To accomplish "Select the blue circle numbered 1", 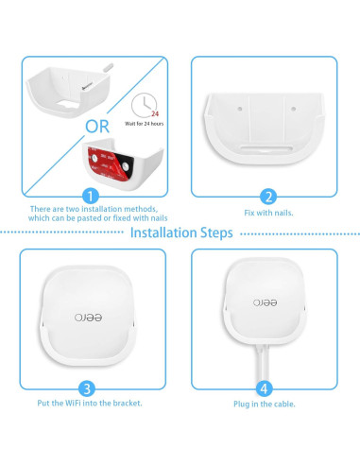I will (89, 197).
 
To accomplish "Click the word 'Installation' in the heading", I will (163, 232).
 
